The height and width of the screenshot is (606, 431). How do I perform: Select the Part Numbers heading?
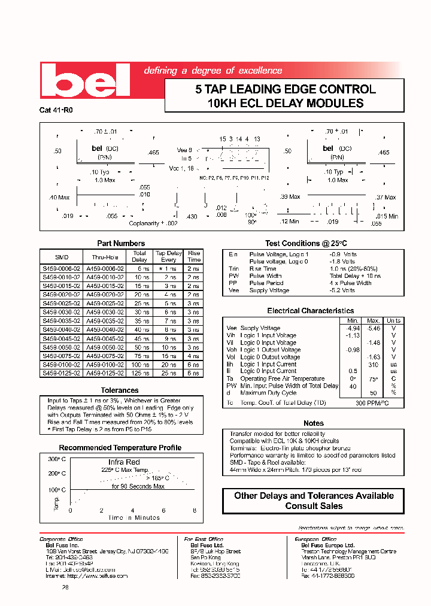coord(121,243)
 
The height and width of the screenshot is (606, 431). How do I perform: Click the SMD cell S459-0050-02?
coord(58,347)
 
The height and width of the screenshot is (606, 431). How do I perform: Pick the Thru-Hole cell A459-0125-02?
coord(105,373)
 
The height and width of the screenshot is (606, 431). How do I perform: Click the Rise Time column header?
coord(193,256)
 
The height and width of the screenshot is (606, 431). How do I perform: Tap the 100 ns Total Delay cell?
coord(139,365)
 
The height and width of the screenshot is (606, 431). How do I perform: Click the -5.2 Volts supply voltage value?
coord(342,290)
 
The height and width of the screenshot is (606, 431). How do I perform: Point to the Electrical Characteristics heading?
coord(310,311)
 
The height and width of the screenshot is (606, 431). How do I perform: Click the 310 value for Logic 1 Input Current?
coord(373,364)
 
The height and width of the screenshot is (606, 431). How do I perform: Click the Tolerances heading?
coord(120,390)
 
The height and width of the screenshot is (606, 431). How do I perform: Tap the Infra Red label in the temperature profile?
coord(124,462)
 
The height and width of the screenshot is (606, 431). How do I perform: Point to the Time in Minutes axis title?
coord(134,517)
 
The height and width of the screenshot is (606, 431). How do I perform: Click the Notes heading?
coord(314,423)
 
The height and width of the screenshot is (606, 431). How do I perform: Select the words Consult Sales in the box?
coord(314,506)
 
